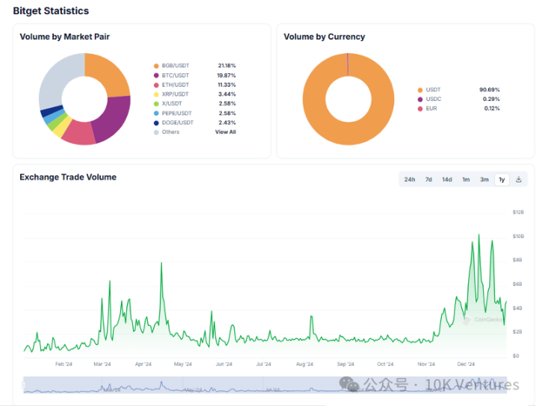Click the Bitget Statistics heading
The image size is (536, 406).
pos(51,11)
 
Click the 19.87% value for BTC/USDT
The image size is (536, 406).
pos(227,75)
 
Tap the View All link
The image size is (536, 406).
pos(225,132)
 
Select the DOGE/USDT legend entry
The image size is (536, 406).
pos(178,122)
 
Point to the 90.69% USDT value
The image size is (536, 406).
pos(489,90)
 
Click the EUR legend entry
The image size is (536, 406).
pos(431,108)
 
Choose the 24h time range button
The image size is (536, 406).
pos(410,179)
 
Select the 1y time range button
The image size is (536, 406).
pos(502,179)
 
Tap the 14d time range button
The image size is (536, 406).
pos(446,179)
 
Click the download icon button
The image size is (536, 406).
pos(519,179)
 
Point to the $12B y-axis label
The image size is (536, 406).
pos(518,212)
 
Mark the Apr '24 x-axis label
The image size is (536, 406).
pos(143,364)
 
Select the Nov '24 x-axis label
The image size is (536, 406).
pos(426,364)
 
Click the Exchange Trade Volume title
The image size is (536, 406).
pos(68,177)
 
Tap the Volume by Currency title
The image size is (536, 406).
pos(324,37)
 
